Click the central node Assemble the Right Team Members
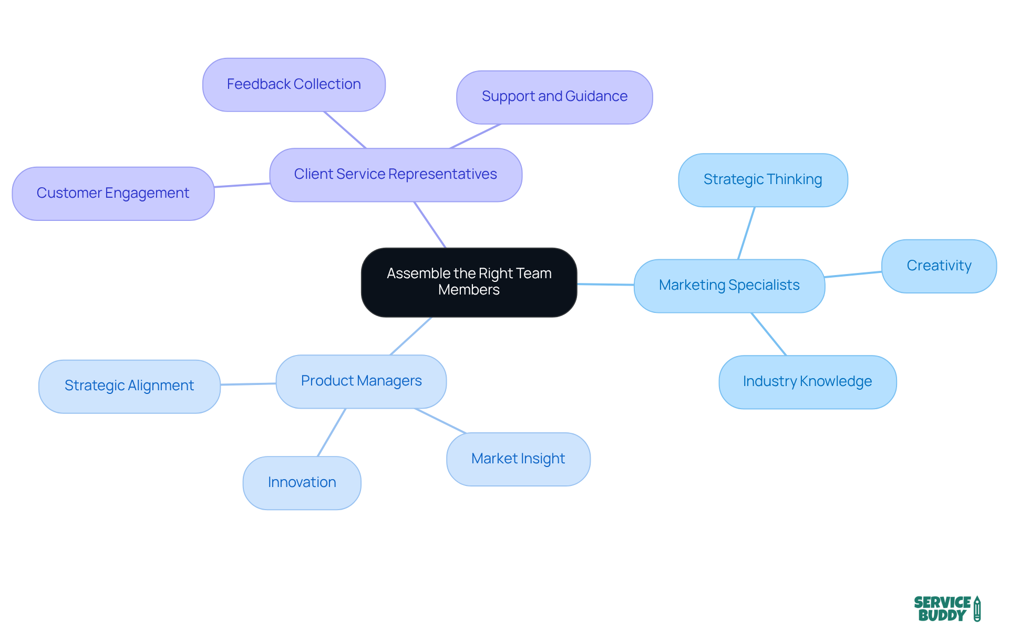coord(469,282)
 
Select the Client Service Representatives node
coord(395,175)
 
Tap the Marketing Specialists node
coord(729,286)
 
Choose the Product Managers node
coord(361,381)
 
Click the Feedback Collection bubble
coord(294,85)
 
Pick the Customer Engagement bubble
coord(113,194)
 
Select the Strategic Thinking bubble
coord(763,180)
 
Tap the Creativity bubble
coord(939,266)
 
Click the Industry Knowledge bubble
coord(807,382)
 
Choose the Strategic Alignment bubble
coord(129,386)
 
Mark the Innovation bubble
coord(302,482)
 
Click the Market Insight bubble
coord(518,459)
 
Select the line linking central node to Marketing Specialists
coord(605,285)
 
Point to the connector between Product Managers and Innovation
coord(332,432)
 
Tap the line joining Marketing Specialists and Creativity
coord(853,275)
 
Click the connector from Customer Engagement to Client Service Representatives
coord(242,185)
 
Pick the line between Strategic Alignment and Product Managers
coord(248,384)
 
